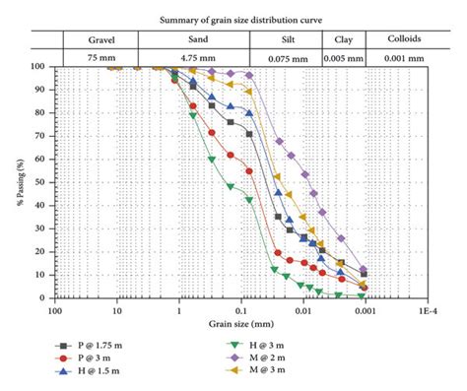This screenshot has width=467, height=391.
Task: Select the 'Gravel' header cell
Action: coord(101,39)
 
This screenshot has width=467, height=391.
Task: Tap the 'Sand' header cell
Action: coord(193,39)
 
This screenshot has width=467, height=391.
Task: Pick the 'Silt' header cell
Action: coord(285,39)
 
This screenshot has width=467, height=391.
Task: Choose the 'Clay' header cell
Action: coord(343,39)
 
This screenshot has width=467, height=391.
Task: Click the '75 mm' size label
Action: coord(101,58)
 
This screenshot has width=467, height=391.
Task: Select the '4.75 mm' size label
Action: coord(193,58)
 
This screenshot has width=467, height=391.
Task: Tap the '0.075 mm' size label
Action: coord(285,58)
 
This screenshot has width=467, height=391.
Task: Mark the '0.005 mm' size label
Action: coord(343,58)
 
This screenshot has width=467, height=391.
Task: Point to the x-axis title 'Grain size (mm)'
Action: coord(240,323)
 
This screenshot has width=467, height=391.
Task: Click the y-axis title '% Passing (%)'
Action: coord(19,182)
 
